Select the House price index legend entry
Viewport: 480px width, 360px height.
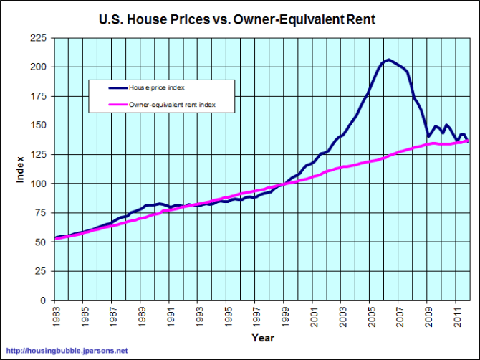tap(157, 87)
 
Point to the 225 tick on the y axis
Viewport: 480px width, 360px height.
tap(40, 37)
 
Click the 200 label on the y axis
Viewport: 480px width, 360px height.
tap(40, 67)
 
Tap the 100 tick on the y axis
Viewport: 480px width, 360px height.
tap(40, 184)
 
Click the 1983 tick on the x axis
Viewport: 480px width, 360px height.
tap(55, 315)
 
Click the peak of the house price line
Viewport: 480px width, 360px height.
tap(388, 60)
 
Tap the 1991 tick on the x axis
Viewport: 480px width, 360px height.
tap(171, 315)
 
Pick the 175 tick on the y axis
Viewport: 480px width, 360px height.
tap(40, 125)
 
